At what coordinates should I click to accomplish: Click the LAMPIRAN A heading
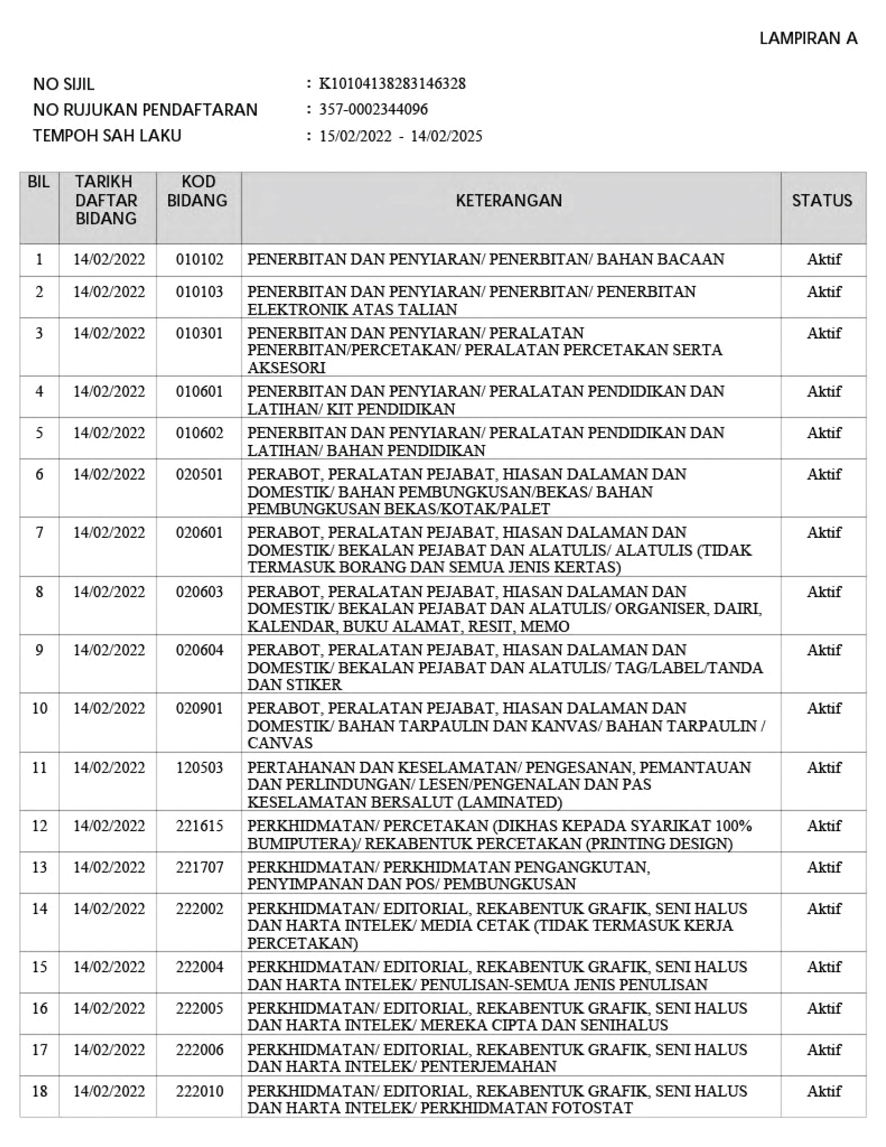(808, 38)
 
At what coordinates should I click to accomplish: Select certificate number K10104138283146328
(392, 84)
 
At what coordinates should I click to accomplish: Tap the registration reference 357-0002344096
(373, 109)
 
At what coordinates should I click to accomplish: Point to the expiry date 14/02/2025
(446, 136)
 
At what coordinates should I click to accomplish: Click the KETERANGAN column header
(508, 200)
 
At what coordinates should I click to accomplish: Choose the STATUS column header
(822, 200)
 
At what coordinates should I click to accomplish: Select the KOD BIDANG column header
(197, 191)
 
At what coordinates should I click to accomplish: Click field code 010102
(199, 259)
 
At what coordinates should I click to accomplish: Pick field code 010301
(199, 333)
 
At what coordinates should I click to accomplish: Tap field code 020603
(199, 592)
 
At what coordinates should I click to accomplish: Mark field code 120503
(199, 767)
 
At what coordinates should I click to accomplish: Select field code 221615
(199, 825)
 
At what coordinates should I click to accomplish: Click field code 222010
(199, 1091)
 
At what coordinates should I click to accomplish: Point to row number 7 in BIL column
(39, 533)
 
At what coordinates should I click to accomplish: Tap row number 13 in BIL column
(39, 867)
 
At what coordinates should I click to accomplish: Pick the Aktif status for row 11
(824, 767)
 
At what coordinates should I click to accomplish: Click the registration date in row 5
(109, 433)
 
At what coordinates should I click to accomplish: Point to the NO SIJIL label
(63, 84)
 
